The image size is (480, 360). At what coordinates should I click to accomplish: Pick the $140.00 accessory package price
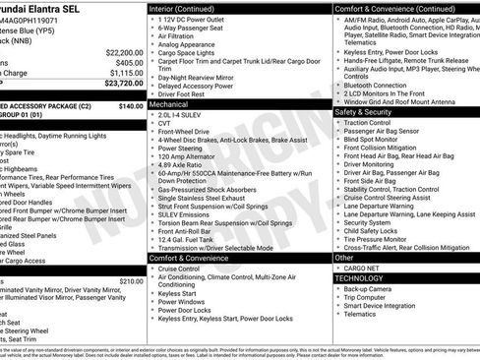click(130, 105)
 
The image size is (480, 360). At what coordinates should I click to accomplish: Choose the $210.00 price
click(130, 280)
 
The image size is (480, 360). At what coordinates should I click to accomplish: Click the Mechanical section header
click(169, 102)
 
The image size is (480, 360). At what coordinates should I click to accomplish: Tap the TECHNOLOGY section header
click(363, 277)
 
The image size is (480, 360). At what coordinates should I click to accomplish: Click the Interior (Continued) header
click(190, 8)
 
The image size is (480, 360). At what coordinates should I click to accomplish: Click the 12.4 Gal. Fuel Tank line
click(186, 239)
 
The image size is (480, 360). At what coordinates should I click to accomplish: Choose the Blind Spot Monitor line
click(371, 139)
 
